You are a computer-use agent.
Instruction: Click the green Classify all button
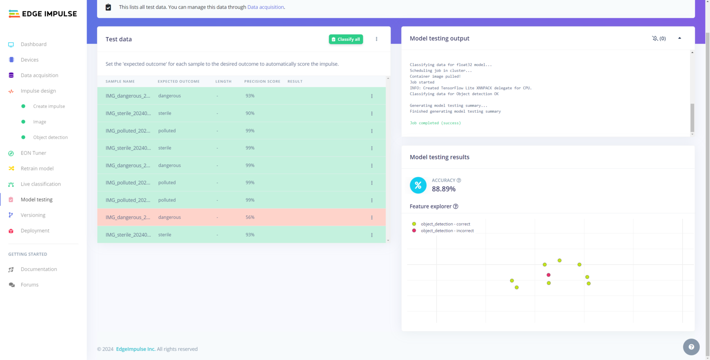(x=346, y=39)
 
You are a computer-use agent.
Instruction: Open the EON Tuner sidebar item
(x=33, y=153)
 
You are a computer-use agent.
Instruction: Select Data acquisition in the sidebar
(x=39, y=75)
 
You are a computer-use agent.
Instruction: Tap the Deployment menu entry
(x=35, y=231)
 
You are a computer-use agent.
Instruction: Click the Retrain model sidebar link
(x=37, y=169)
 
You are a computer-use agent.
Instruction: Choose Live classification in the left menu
(x=40, y=184)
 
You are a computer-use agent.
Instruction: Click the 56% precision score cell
(x=250, y=218)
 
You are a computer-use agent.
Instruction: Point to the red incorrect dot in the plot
(x=548, y=275)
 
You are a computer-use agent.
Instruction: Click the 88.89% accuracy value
(x=444, y=189)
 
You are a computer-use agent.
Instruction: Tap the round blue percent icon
(x=418, y=185)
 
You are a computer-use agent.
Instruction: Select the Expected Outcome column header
(x=178, y=82)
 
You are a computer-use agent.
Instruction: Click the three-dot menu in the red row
(x=372, y=218)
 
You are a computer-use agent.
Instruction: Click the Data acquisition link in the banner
(x=265, y=7)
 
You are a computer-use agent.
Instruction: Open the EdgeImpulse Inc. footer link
(x=135, y=349)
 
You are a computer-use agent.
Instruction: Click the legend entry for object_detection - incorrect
(x=447, y=231)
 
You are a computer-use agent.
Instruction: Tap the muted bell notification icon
(x=655, y=39)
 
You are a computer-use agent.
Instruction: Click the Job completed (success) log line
(x=435, y=123)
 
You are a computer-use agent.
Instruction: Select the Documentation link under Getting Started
(x=39, y=269)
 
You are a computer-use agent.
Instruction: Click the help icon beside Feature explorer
(x=456, y=206)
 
